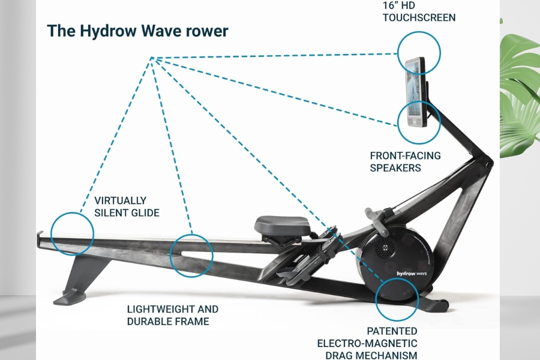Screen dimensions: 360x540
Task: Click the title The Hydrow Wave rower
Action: coord(137,31)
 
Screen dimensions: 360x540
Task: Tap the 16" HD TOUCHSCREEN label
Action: coord(419,11)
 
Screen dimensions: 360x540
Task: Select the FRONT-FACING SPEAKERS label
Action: coord(405,161)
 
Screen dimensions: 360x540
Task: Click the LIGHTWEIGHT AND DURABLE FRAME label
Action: coord(173,315)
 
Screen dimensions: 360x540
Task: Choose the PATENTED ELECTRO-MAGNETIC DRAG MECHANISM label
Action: coord(367,342)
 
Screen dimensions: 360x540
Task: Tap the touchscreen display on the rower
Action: coord(414,92)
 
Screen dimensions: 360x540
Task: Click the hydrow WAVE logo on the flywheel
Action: coord(410,273)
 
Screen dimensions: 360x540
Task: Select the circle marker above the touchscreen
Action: coord(419,52)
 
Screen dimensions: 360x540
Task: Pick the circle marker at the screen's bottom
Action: coord(419,122)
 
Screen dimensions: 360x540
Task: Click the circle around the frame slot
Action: coord(191,255)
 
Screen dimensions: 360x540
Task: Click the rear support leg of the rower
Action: coord(78,276)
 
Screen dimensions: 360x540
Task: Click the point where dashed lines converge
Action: coord(152,58)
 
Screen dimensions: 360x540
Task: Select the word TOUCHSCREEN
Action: coord(419,17)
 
